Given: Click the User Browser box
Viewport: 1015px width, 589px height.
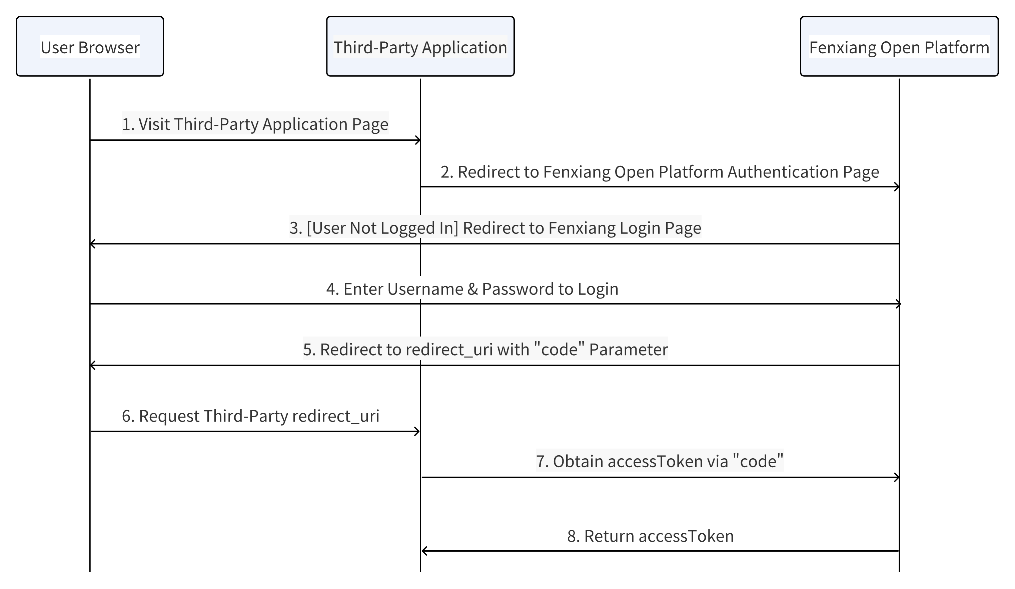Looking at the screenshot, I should [x=90, y=46].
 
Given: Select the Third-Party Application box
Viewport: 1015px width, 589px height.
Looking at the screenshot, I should [x=420, y=46].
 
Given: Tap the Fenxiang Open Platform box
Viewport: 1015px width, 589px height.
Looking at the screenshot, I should [x=899, y=46].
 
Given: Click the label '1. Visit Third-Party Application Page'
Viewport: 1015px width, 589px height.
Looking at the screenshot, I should [x=255, y=124].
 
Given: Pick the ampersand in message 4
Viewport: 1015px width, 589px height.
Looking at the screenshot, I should [x=472, y=289].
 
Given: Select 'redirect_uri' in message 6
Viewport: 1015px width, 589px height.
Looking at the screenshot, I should [x=335, y=416].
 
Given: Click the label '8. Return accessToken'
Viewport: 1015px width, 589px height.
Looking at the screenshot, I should [x=650, y=536].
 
